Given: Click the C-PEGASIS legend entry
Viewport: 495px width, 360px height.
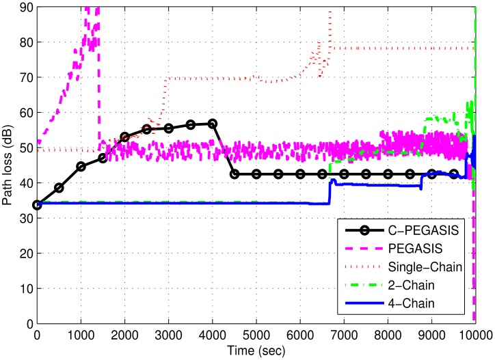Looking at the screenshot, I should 430,227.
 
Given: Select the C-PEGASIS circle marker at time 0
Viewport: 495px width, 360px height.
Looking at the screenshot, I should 37,204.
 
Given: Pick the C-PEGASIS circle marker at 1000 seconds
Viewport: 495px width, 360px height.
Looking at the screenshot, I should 81,166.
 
